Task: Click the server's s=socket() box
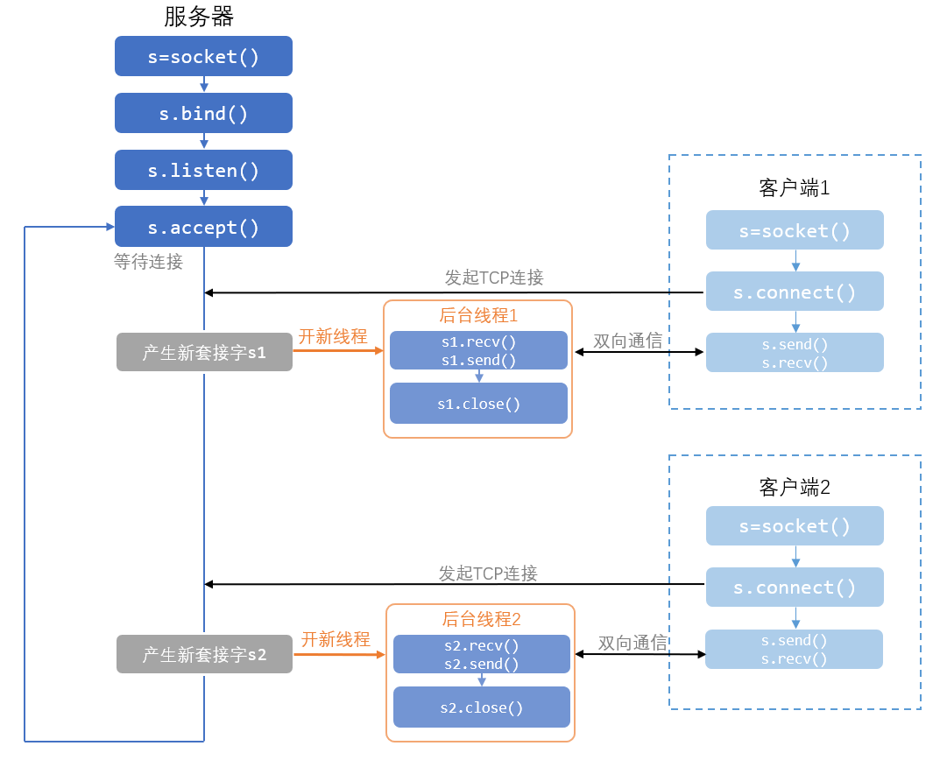coord(203,56)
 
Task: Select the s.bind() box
coord(203,113)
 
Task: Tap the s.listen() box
coord(203,170)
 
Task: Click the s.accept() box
coord(203,227)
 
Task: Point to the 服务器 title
coord(199,17)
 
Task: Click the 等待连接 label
coord(149,262)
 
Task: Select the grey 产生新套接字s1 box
coord(204,352)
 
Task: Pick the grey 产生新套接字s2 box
coord(204,654)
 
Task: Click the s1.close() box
coord(479,404)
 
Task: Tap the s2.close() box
coord(482,707)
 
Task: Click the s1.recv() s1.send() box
coord(479,350)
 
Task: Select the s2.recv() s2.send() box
coord(482,654)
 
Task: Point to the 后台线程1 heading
coord(478,315)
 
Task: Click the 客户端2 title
coord(795,487)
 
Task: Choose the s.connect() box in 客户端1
coord(795,292)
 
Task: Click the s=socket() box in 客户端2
coord(795,525)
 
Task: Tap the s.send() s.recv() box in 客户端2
coord(795,649)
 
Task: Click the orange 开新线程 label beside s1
coord(333,336)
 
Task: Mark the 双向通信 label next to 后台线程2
coord(633,643)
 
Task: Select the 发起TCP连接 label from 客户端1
coord(494,277)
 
